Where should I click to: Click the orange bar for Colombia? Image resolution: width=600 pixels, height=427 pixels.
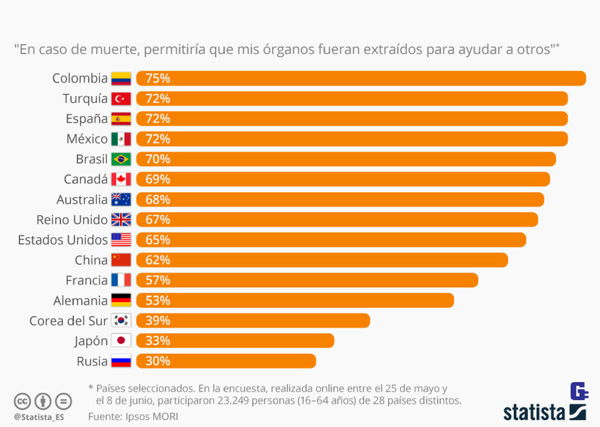coord(361,78)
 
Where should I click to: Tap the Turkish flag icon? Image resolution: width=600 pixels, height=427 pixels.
coord(121,99)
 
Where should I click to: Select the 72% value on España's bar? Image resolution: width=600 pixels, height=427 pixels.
coord(157,119)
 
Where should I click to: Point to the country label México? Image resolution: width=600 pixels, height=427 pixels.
coord(87,139)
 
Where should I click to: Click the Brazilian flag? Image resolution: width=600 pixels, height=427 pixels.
coord(121,159)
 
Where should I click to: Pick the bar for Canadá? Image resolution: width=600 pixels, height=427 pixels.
coord(343,179)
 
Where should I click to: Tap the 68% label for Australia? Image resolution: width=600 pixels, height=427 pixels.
coord(157,200)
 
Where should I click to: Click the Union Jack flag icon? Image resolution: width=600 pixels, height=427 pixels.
coord(121,220)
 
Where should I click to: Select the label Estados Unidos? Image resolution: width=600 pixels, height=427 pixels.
coord(62,240)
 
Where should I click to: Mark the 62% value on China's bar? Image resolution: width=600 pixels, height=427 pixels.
coord(157,260)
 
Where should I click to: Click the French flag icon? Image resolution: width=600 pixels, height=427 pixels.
coord(121,280)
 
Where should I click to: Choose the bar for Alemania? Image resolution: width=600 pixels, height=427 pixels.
coord(295,300)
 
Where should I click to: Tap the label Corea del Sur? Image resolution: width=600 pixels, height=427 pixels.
coord(68,321)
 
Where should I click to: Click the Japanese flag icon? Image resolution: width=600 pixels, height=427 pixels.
coord(121,341)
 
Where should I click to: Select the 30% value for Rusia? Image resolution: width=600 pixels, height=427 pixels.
coord(157,361)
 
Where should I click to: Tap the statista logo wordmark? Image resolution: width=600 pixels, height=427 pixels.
coord(534,412)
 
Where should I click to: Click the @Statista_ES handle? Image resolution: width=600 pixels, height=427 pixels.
coord(39,416)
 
